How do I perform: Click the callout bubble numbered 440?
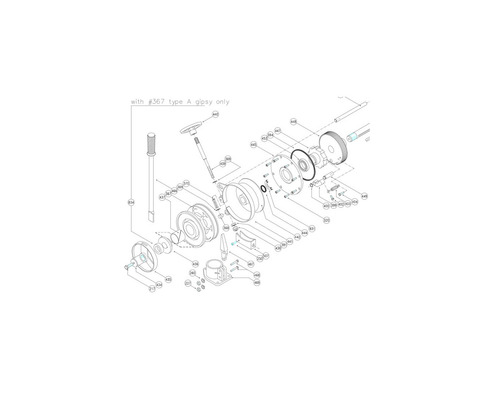[x=215, y=115]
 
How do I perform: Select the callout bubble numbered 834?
[x=131, y=202]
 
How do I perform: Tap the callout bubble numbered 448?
[x=293, y=121]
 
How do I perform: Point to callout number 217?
[x=152, y=289]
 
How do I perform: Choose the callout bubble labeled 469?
[x=257, y=282]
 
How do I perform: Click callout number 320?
[x=326, y=220]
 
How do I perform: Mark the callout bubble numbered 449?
[x=364, y=196]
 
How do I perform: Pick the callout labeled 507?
[x=266, y=255]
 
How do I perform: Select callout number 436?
[x=196, y=264]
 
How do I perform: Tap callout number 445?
[x=253, y=145]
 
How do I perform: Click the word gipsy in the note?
[x=204, y=102]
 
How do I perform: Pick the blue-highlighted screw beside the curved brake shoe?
[x=233, y=244]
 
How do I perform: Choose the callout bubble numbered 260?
[x=193, y=273]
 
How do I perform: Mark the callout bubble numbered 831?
[x=312, y=229]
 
